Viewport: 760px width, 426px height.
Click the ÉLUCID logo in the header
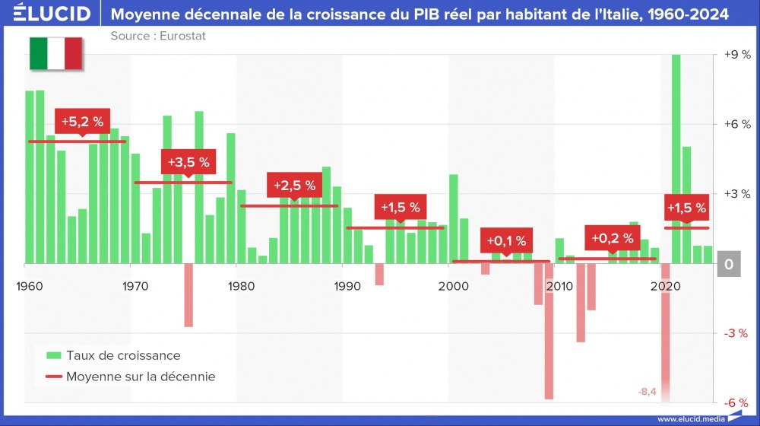point(52,14)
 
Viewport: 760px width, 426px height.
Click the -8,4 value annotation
point(648,392)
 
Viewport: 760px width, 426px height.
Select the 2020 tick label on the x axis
point(665,286)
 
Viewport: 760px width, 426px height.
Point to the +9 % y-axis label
point(736,55)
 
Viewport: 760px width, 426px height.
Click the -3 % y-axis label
point(736,333)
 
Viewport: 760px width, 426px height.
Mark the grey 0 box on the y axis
point(729,264)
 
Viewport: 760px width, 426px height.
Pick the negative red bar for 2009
point(549,331)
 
